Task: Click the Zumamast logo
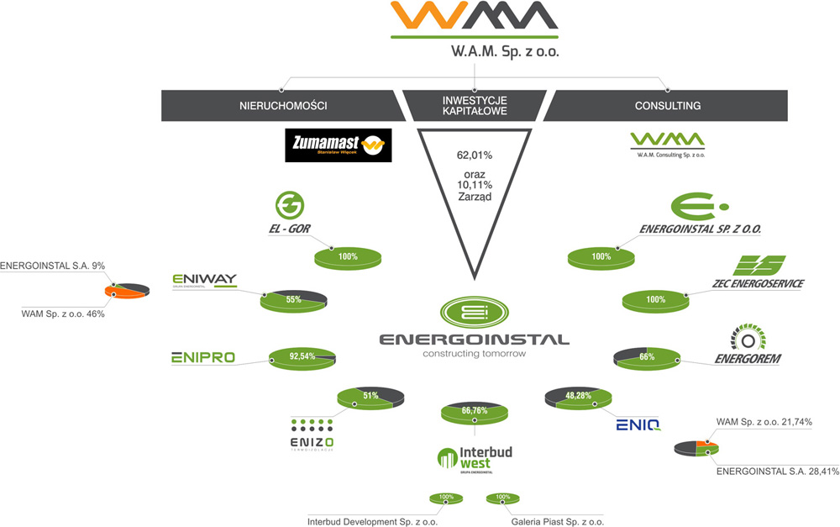coord(337,145)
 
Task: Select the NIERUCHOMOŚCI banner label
coord(283,106)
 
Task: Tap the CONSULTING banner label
coord(668,106)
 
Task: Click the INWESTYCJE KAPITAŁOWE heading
coord(475,105)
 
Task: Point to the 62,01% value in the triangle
coord(475,155)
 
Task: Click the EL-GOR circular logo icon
coord(290,204)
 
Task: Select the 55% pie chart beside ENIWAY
coord(294,300)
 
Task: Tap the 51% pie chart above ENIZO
coord(370,397)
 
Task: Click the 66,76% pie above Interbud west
coord(475,413)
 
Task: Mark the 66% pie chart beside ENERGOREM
coord(648,357)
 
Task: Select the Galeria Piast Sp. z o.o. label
coord(557,520)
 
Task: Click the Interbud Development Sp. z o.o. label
coord(372,520)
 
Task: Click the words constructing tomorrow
coord(474,354)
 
